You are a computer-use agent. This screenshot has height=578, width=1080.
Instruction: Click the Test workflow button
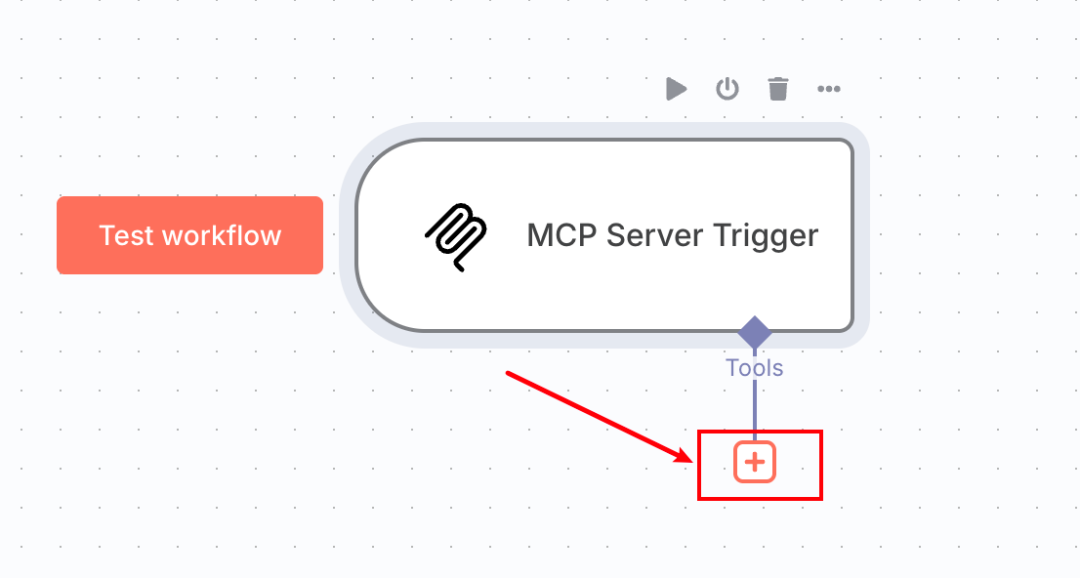click(190, 235)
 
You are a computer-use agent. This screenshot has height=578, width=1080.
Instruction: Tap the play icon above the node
click(677, 89)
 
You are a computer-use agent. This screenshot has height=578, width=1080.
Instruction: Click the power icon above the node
click(727, 89)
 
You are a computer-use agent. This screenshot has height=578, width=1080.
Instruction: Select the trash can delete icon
click(778, 89)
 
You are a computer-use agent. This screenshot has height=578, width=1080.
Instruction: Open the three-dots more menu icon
click(829, 89)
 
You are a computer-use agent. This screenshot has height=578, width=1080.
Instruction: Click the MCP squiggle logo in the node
click(455, 237)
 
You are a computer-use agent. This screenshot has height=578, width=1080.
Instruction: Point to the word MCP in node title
click(558, 236)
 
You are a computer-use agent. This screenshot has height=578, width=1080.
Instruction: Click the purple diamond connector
click(754, 332)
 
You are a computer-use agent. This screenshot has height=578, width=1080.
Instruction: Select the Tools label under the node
click(755, 368)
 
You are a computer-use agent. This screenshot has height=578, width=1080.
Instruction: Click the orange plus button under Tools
click(755, 462)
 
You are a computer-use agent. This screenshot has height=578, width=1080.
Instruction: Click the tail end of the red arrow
click(508, 374)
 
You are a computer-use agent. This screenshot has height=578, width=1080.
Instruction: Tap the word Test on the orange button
click(126, 236)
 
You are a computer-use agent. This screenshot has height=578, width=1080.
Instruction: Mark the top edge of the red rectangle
click(760, 432)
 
